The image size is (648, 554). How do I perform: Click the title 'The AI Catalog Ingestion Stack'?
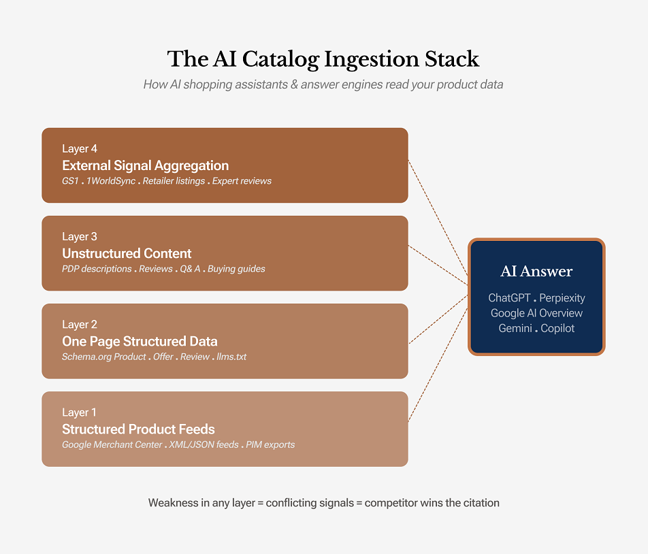click(323, 59)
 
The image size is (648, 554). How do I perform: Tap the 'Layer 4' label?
click(80, 149)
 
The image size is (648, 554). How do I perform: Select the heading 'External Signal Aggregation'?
click(145, 165)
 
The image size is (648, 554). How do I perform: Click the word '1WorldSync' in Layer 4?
click(111, 181)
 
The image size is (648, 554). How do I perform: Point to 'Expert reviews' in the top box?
click(242, 181)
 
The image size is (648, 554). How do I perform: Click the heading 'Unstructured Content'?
click(127, 253)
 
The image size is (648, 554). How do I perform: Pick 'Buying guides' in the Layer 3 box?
click(236, 269)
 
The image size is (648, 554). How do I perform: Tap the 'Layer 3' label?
click(80, 237)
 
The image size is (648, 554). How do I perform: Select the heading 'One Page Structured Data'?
click(140, 341)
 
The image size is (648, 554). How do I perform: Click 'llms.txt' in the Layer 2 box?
click(231, 357)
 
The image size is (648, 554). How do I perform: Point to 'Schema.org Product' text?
click(104, 357)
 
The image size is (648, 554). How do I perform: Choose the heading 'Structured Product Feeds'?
click(138, 429)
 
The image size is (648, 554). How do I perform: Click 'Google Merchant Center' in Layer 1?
click(112, 444)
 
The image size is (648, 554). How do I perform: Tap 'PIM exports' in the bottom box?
click(270, 444)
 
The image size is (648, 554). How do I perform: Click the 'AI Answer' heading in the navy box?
click(536, 272)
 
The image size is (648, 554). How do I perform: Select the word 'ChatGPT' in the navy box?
click(510, 298)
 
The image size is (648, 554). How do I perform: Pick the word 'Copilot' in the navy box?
click(557, 328)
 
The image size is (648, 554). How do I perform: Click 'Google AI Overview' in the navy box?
click(536, 313)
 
